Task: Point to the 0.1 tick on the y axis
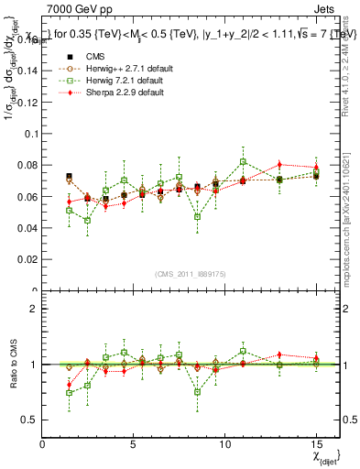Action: tap(29, 133)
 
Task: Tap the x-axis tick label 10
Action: tap(225, 443)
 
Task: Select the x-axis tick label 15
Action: tap(316, 443)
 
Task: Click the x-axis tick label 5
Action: tap(134, 443)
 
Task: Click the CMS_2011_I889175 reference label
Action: tap(191, 273)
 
